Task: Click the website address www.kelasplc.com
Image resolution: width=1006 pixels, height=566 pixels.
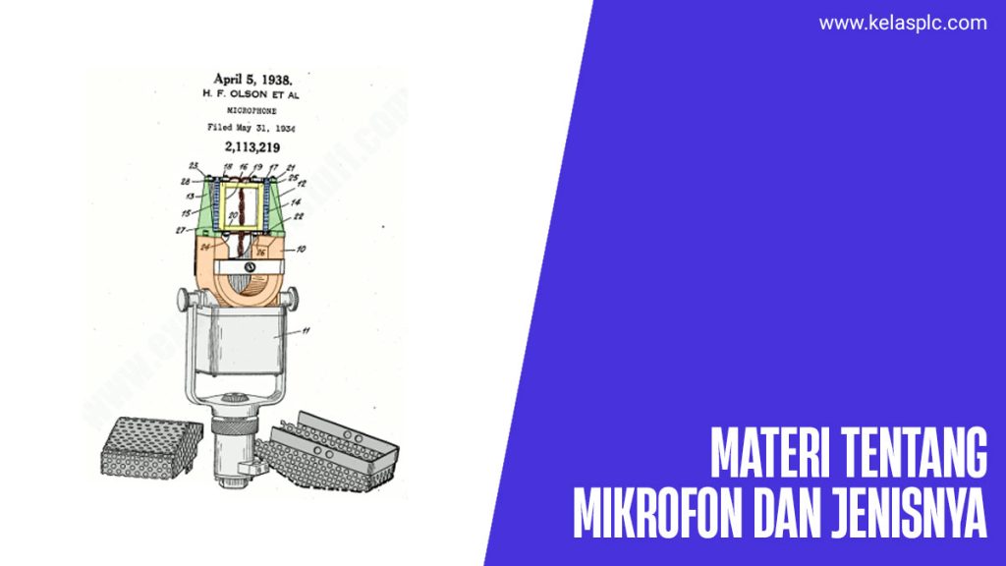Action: (903, 23)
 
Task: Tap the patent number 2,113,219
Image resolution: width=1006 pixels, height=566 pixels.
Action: (251, 147)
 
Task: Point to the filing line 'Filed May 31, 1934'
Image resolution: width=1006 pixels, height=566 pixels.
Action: (251, 128)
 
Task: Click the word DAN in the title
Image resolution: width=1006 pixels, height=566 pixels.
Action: (792, 513)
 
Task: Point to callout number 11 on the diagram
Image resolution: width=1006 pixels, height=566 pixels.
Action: (306, 332)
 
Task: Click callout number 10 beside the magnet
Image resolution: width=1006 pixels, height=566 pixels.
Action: (301, 250)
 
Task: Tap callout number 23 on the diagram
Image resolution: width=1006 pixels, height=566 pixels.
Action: (194, 166)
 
